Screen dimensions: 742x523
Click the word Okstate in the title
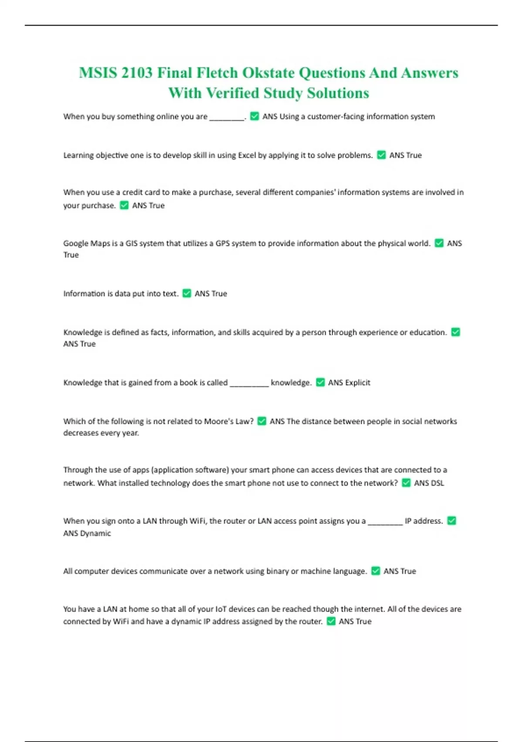click(268, 73)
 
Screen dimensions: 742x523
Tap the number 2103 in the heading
click(137, 73)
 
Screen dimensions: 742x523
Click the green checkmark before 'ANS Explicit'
click(320, 382)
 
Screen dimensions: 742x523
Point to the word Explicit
click(357, 383)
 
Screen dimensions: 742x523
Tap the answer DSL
click(437, 483)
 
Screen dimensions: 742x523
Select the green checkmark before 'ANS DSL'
click(406, 483)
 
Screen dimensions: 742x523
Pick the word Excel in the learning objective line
click(247, 155)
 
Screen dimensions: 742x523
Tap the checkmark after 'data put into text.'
click(187, 293)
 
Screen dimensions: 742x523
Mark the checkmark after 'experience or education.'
click(455, 332)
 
